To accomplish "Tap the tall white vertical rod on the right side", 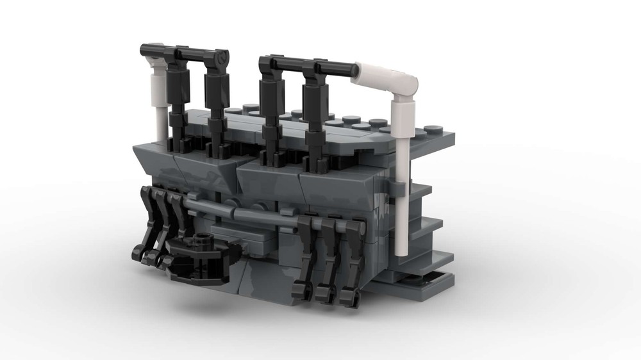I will pyautogui.click(x=402, y=192).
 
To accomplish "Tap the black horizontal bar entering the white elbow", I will pyautogui.click(x=340, y=67).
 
